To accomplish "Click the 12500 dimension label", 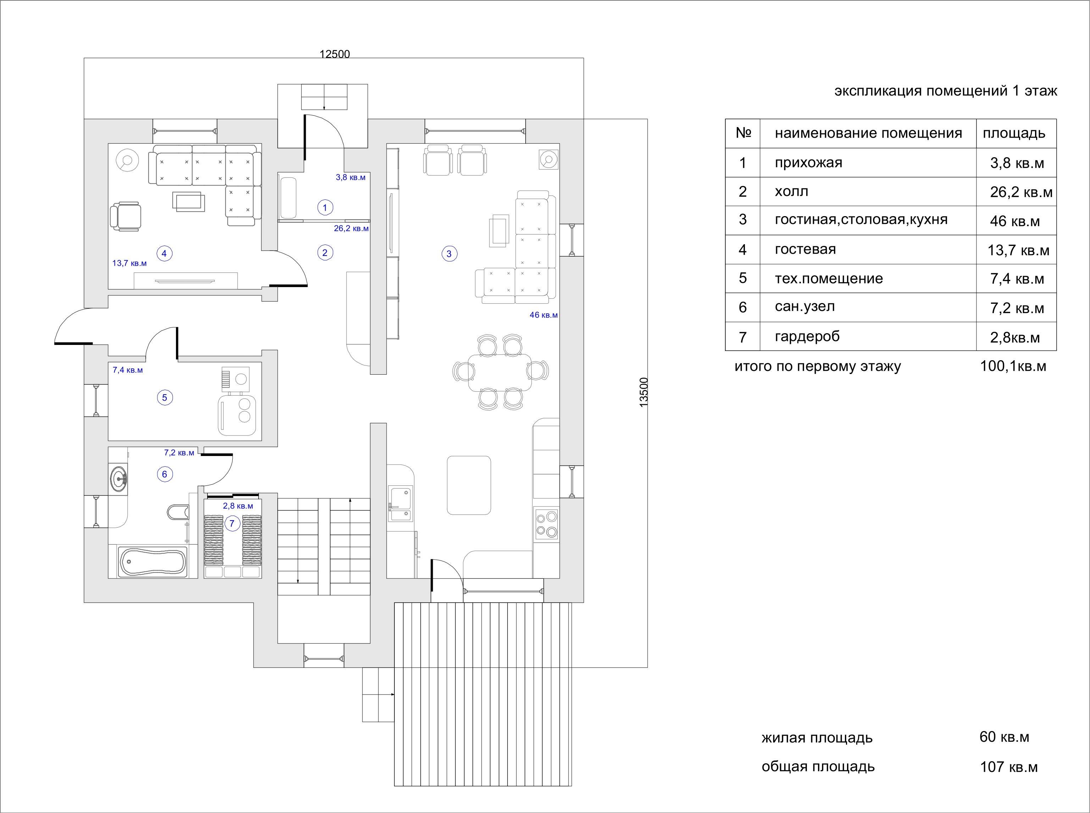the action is pyautogui.click(x=334, y=54).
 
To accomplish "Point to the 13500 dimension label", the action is pyautogui.click(x=644, y=392).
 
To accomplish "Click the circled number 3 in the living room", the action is pyautogui.click(x=449, y=254).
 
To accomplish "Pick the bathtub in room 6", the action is pyautogui.click(x=153, y=561).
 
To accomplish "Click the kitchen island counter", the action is pyautogui.click(x=469, y=485).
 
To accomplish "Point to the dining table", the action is pyautogui.click(x=500, y=372).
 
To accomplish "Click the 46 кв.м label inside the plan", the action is pyautogui.click(x=543, y=315).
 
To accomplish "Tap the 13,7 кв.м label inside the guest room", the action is pyautogui.click(x=129, y=263).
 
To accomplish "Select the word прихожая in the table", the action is pyautogui.click(x=809, y=163).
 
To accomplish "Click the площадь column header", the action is pyautogui.click(x=1014, y=133).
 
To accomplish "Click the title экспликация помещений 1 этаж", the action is pyautogui.click(x=945, y=91).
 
